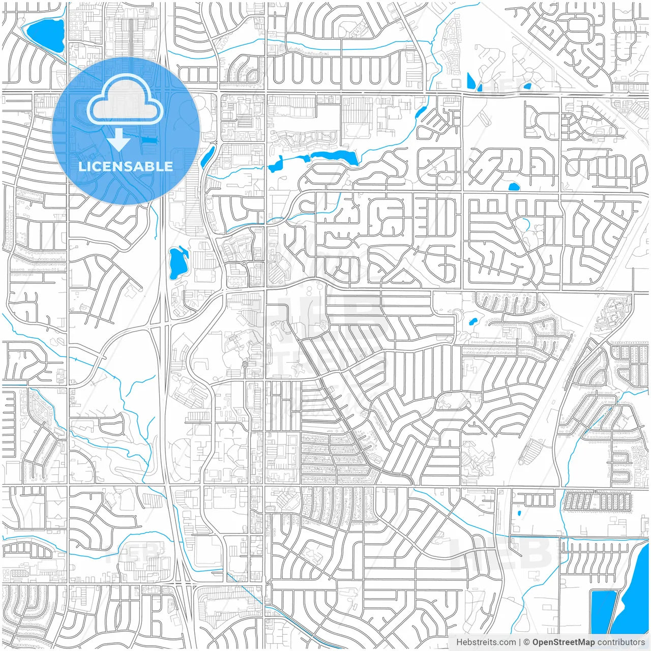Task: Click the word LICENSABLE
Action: tap(126, 166)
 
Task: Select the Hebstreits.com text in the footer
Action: tap(486, 642)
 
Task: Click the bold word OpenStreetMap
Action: tap(563, 642)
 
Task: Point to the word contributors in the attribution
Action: tap(621, 642)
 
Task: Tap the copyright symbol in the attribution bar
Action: tap(527, 642)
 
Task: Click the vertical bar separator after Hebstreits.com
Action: tap(520, 642)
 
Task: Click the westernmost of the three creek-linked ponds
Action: tap(276, 164)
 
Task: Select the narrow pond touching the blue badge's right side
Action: tap(208, 156)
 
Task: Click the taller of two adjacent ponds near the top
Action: tap(471, 81)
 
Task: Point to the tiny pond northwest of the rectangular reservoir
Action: tap(518, 513)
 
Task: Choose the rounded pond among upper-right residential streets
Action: tap(514, 187)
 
